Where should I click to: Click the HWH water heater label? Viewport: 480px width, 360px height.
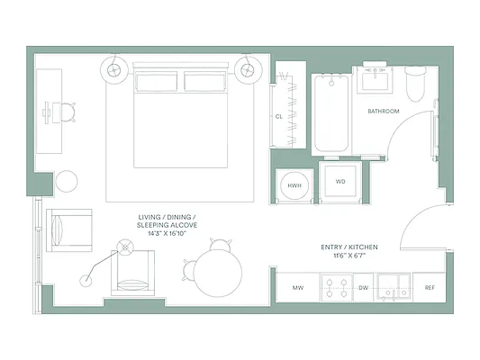(x=294, y=184)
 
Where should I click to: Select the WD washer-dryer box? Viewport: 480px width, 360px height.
(x=341, y=183)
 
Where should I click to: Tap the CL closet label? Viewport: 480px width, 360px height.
(x=279, y=117)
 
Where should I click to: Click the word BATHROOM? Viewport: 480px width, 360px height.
(x=385, y=112)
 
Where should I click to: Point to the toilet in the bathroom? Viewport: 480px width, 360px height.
(x=415, y=83)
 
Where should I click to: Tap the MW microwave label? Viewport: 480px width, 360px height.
(x=298, y=288)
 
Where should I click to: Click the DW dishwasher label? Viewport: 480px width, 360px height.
(x=364, y=288)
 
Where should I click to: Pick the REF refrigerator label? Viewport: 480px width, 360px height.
(x=430, y=288)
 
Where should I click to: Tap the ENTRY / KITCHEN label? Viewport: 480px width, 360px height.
(x=349, y=247)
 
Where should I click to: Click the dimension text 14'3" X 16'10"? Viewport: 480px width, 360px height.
(x=168, y=233)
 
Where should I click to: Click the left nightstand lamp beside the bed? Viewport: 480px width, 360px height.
(x=116, y=68)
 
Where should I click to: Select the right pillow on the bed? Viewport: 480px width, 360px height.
(x=205, y=82)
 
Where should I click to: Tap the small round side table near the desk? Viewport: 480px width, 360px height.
(x=68, y=181)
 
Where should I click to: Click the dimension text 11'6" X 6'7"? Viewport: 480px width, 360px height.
(x=349, y=256)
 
